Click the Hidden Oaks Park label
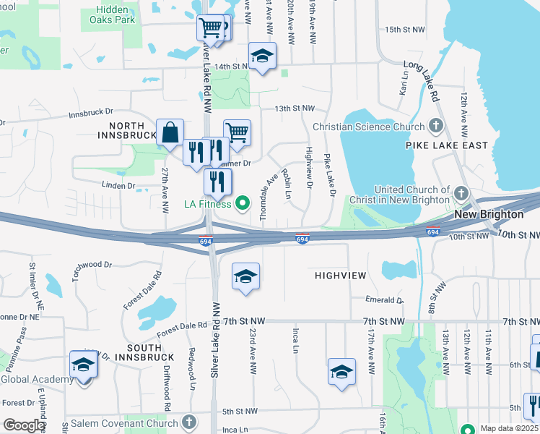(x=115, y=14)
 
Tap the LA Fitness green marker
(x=243, y=203)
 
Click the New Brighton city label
(x=489, y=215)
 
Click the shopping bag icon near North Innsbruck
(x=170, y=134)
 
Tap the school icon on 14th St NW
(x=263, y=56)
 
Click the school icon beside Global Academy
(x=83, y=365)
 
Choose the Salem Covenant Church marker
(x=188, y=421)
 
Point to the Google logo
(x=23, y=425)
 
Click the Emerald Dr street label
(x=384, y=300)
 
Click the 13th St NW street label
(x=295, y=108)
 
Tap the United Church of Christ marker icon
(x=462, y=194)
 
